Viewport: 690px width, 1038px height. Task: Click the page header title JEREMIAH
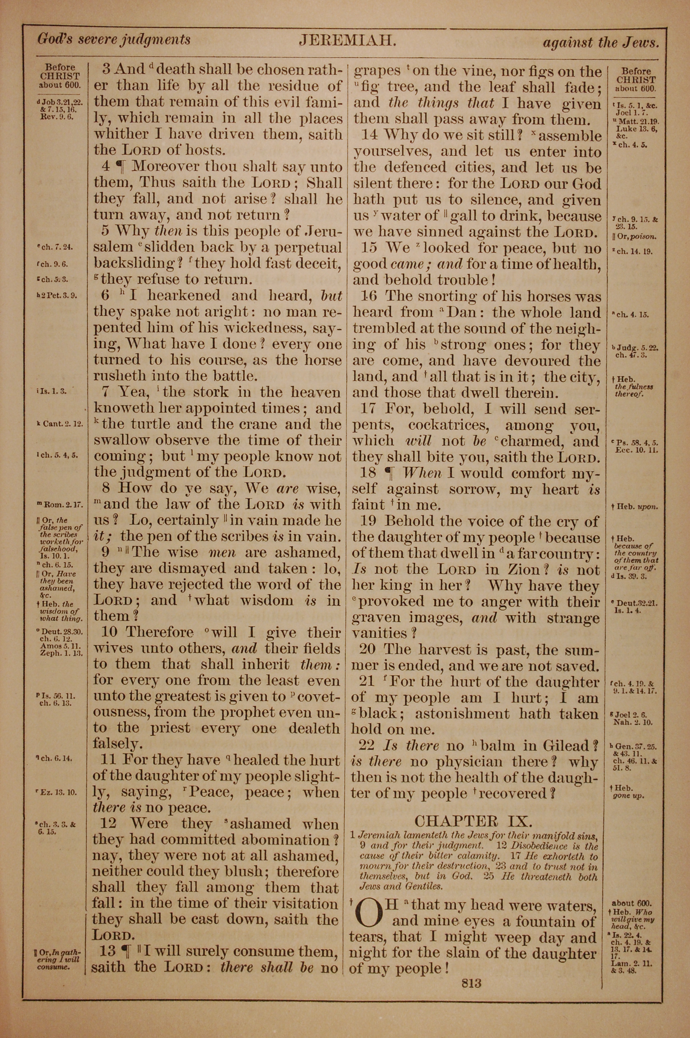click(x=348, y=40)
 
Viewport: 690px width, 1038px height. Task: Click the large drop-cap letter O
click(x=368, y=914)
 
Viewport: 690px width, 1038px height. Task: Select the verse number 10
click(x=109, y=632)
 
